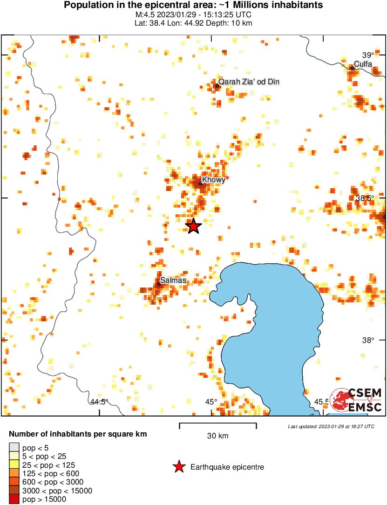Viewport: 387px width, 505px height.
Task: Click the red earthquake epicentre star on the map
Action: coord(193,226)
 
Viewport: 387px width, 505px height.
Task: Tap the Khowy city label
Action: coord(214,180)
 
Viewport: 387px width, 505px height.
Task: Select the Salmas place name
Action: coord(173,280)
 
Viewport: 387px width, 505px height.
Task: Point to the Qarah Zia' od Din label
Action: coord(249,82)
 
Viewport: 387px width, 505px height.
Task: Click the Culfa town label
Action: coord(363,64)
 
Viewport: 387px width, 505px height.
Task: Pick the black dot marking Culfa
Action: coord(353,68)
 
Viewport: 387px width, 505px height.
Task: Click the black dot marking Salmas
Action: coord(159,284)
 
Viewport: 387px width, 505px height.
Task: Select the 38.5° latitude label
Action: coord(365,198)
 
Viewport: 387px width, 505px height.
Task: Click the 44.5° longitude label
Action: coord(99,402)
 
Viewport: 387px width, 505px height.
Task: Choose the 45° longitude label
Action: coord(211,402)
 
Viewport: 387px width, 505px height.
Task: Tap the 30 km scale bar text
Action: coord(217,436)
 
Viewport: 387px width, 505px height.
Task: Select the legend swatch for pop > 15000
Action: coord(14,499)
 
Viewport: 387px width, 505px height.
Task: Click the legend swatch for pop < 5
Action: coord(14,448)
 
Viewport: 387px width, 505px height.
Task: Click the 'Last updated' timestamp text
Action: coord(331,426)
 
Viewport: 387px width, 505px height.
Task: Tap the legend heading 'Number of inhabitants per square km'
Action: coord(78,434)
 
